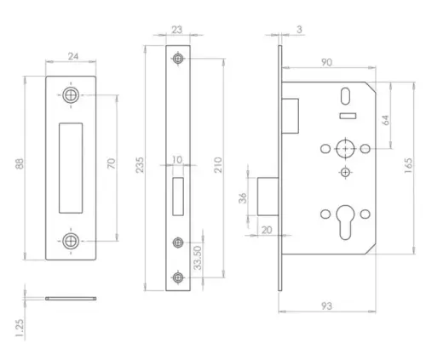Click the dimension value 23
pos(177,30)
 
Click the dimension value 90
pos(325,62)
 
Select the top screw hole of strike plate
pos(71,95)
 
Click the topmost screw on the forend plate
pos(177,59)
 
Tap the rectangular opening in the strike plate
pos(72,167)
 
